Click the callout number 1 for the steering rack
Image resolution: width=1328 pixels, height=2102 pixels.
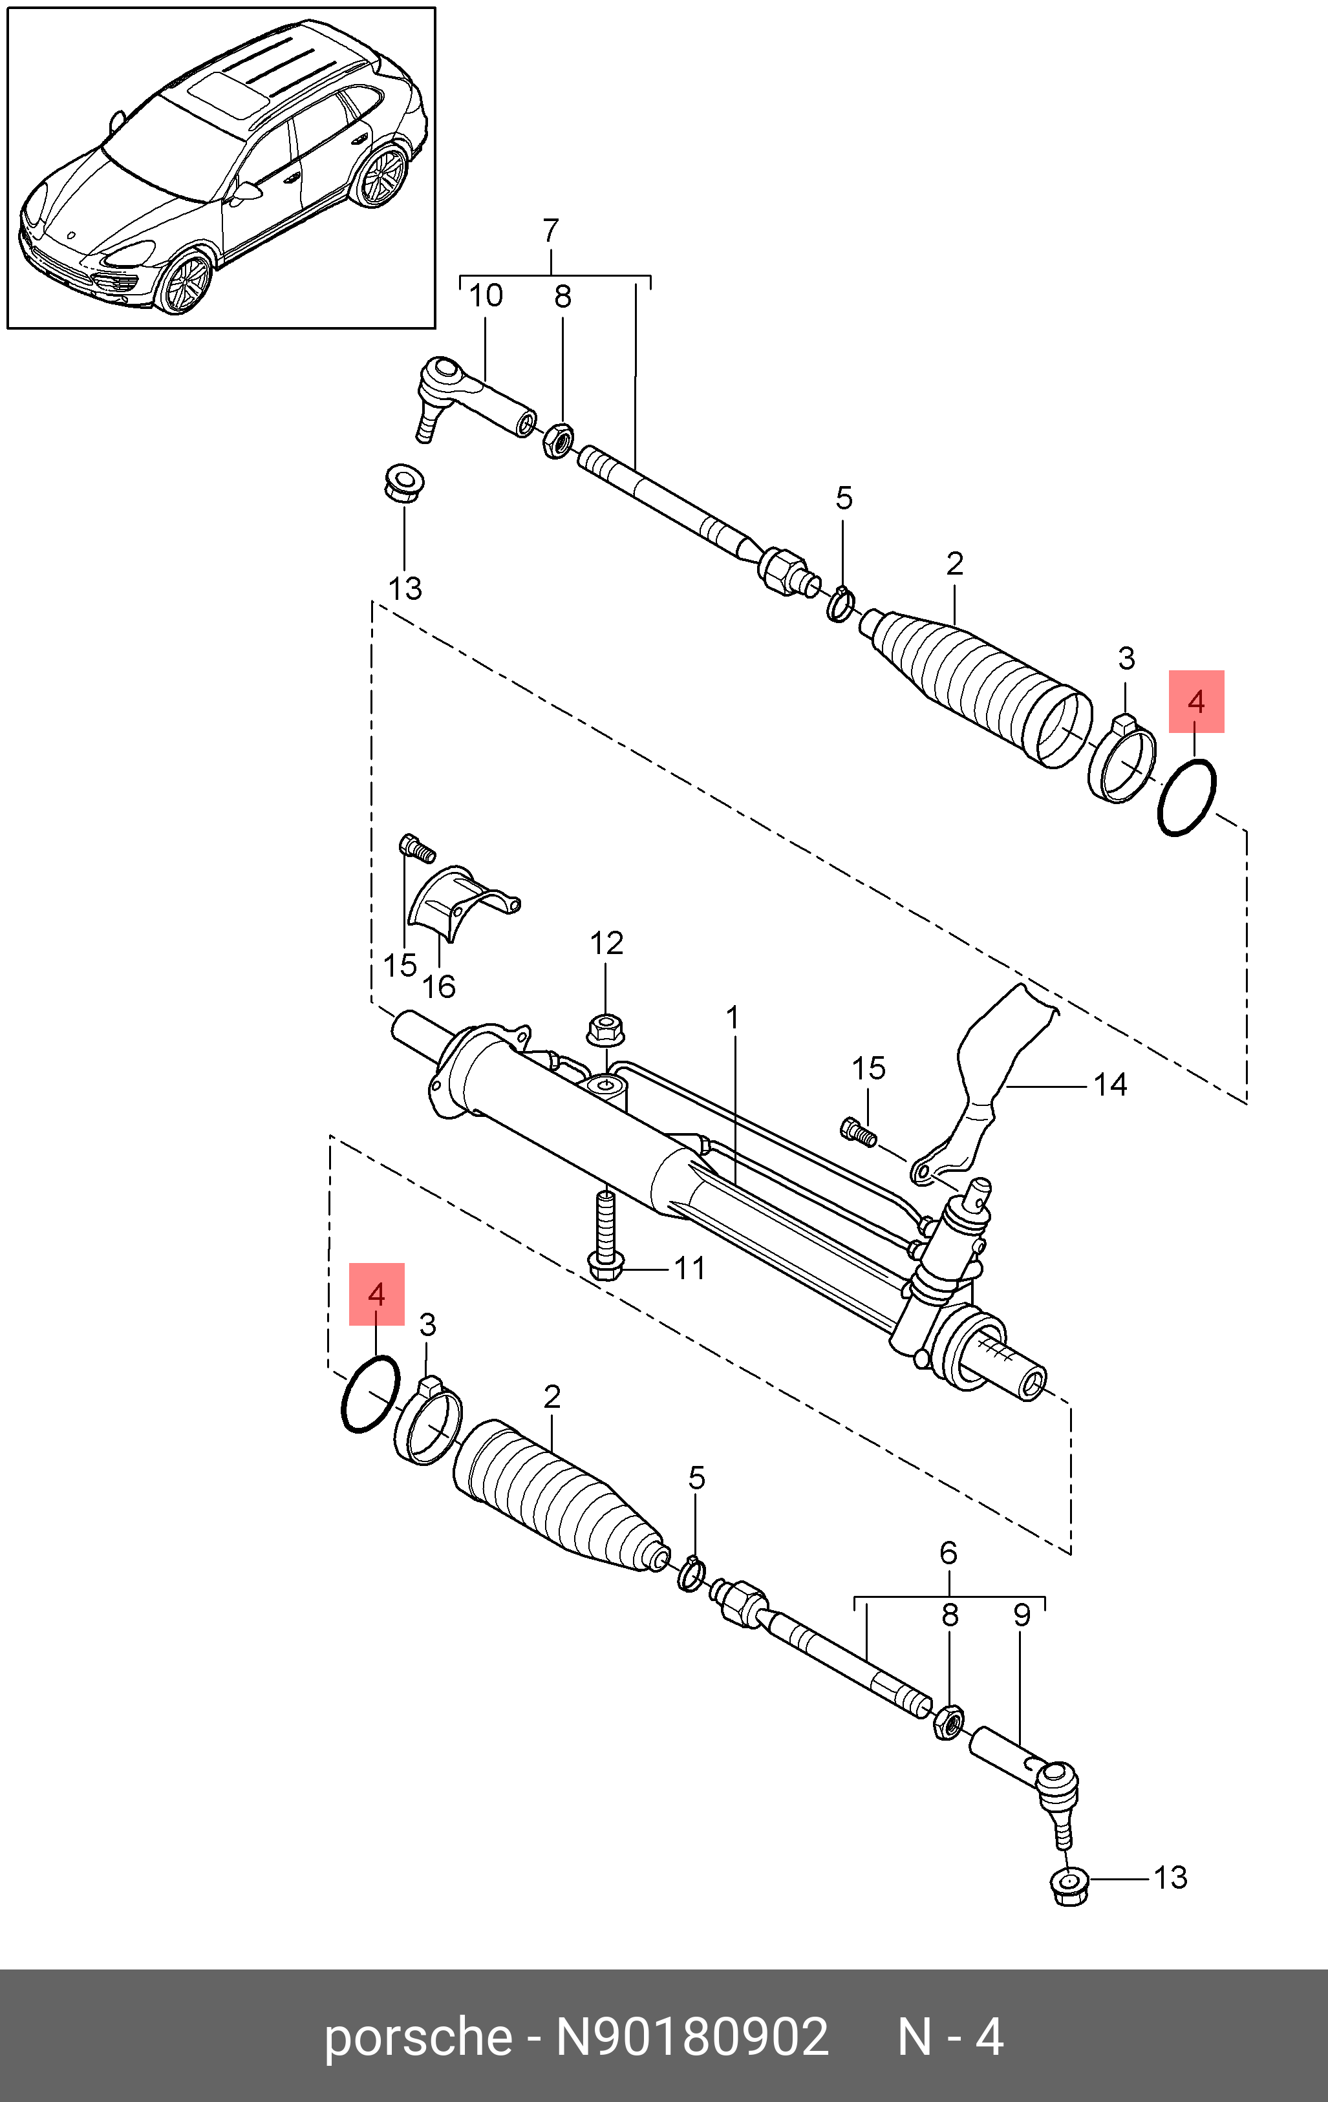click(733, 1018)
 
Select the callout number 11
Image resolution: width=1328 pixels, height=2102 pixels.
click(690, 1268)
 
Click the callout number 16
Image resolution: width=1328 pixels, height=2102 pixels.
click(438, 986)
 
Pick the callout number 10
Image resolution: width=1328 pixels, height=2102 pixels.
click(486, 296)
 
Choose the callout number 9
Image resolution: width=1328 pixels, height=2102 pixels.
click(1022, 1615)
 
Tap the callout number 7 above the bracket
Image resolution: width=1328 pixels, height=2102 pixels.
click(550, 231)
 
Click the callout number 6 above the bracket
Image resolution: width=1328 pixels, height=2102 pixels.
click(948, 1553)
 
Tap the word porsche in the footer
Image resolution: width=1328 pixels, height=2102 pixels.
click(418, 2038)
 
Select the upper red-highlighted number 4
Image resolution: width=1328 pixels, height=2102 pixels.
click(1196, 701)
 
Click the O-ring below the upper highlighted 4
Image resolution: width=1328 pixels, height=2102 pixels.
click(1186, 798)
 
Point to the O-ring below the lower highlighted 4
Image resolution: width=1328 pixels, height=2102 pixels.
click(370, 1394)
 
